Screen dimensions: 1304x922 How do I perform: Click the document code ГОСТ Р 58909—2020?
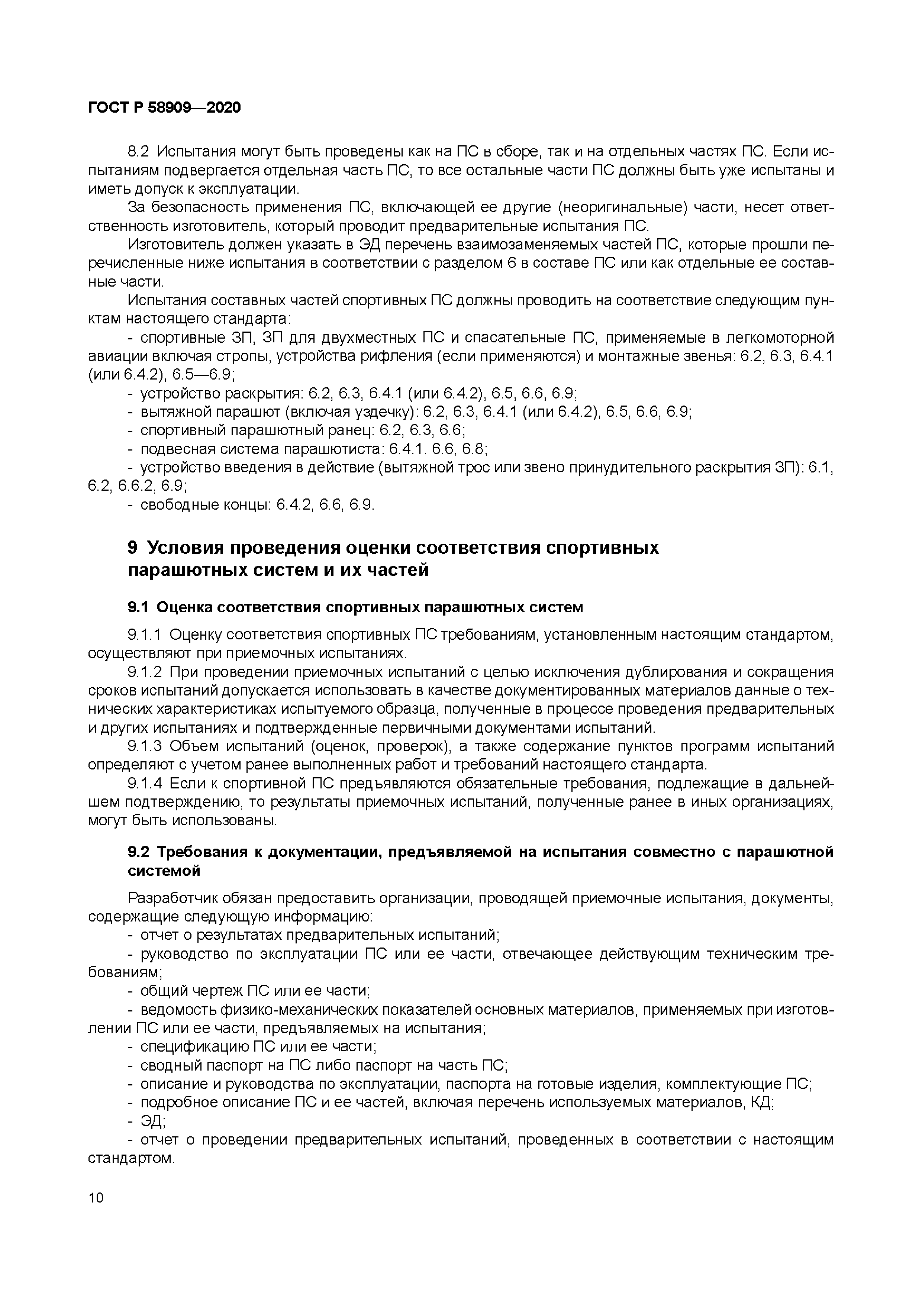164,107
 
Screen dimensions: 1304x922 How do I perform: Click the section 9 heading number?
132,548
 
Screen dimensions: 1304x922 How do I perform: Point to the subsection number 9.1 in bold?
138,607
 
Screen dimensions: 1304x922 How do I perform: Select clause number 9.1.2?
145,672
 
